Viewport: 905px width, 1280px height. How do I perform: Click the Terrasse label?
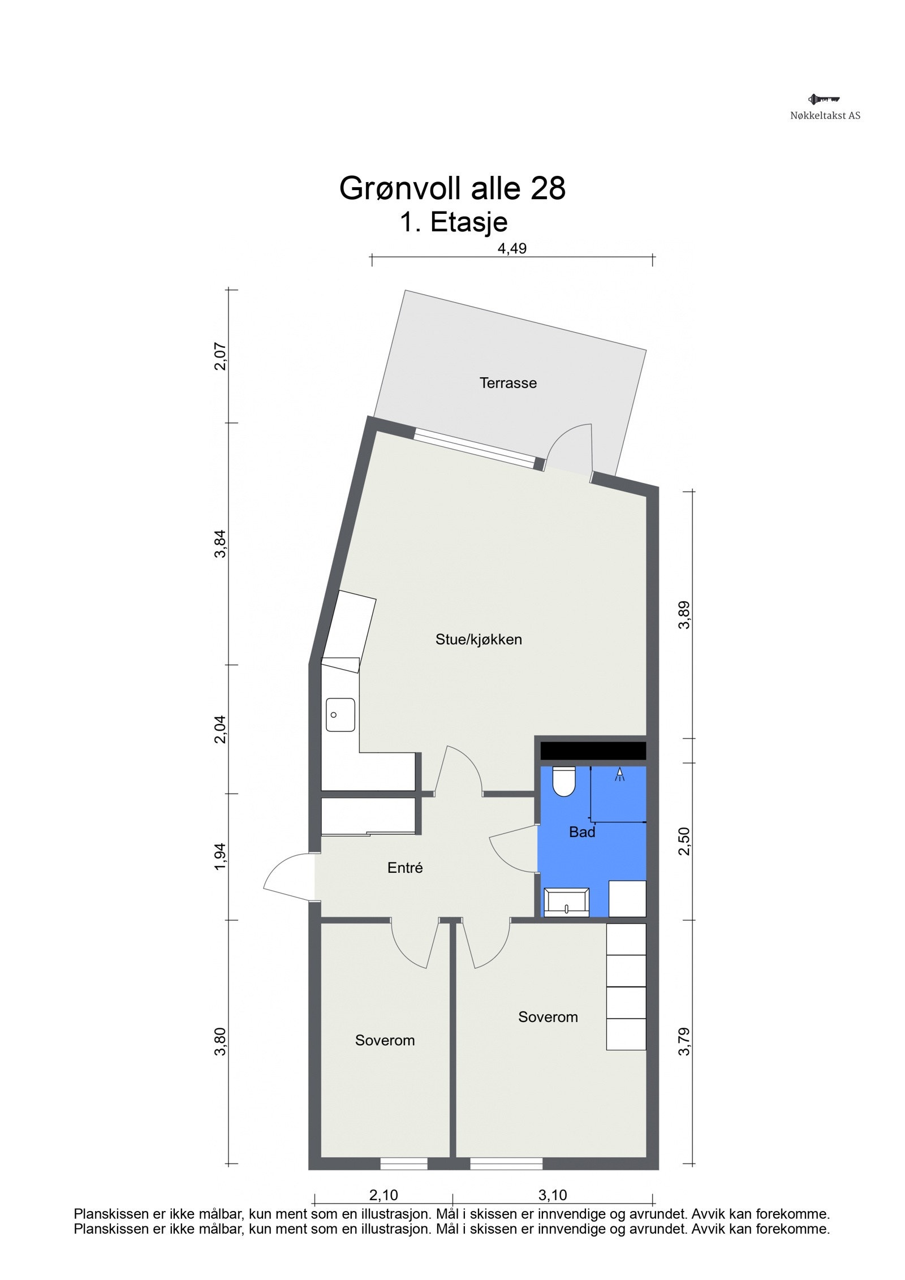(508, 383)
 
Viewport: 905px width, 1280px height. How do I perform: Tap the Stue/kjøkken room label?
(479, 640)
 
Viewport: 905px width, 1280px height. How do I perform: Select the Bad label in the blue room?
(582, 832)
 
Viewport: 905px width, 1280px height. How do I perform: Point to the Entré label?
(405, 868)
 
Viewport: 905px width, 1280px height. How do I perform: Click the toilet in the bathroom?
(563, 781)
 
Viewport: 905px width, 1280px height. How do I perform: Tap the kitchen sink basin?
(340, 715)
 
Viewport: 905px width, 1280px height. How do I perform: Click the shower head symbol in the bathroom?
(620, 774)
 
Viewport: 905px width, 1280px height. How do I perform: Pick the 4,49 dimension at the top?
(511, 249)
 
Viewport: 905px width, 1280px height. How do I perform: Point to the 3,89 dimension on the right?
(685, 614)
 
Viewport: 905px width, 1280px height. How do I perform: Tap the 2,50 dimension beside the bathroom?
(684, 841)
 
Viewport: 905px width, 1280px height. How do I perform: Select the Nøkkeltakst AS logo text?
(825, 115)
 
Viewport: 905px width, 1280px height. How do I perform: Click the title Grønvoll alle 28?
(453, 188)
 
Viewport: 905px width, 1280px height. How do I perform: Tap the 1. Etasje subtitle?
(454, 222)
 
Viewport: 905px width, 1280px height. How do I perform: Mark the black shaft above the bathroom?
(593, 751)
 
